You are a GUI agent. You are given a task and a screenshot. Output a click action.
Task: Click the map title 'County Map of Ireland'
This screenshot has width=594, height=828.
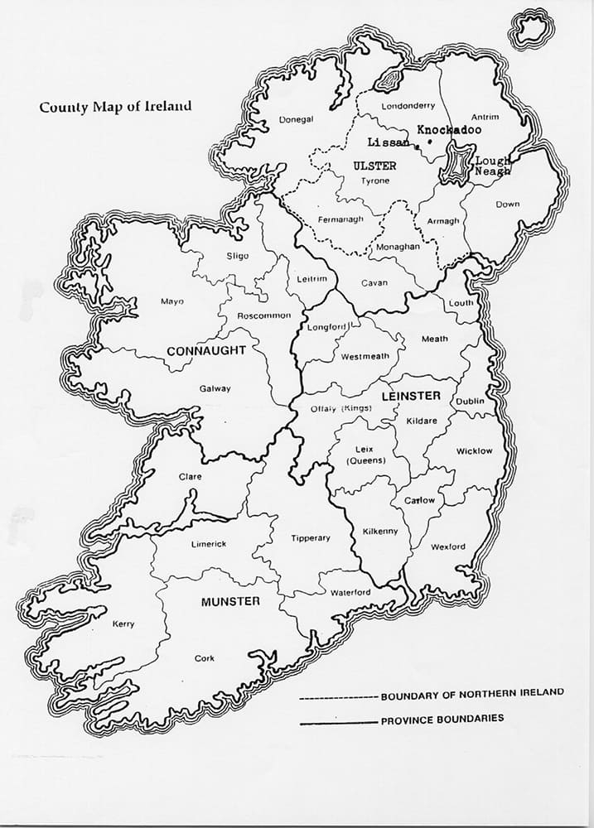[x=116, y=106]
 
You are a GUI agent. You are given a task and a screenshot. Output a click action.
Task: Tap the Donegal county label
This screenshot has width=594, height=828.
[x=296, y=119]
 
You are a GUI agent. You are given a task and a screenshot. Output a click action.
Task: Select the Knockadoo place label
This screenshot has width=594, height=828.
[x=448, y=130]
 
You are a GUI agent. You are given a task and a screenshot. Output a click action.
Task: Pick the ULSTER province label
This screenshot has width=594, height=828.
[x=374, y=166]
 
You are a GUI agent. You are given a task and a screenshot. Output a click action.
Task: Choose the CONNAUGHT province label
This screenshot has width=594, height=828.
[x=206, y=350]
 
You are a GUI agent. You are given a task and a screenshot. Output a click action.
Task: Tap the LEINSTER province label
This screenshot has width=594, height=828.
[x=410, y=396]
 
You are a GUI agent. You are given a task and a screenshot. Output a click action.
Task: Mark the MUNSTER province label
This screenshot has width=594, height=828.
[x=230, y=601]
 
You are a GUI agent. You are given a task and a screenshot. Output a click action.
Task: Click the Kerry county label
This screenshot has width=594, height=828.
[x=123, y=624]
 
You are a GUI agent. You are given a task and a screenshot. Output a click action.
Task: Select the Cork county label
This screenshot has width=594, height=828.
[x=204, y=658]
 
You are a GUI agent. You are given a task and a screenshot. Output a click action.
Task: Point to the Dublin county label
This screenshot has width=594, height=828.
[x=470, y=402]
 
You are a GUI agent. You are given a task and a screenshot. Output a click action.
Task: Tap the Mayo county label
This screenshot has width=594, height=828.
[x=171, y=301]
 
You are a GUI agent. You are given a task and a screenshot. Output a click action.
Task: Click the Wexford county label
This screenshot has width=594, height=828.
[x=447, y=546]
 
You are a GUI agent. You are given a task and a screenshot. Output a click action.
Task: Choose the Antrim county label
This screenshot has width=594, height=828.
[x=484, y=117]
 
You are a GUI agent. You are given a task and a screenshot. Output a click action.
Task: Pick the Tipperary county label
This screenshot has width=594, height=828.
[x=311, y=538]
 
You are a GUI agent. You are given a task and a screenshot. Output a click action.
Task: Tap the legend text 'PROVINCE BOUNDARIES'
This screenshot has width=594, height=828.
[x=442, y=720]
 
